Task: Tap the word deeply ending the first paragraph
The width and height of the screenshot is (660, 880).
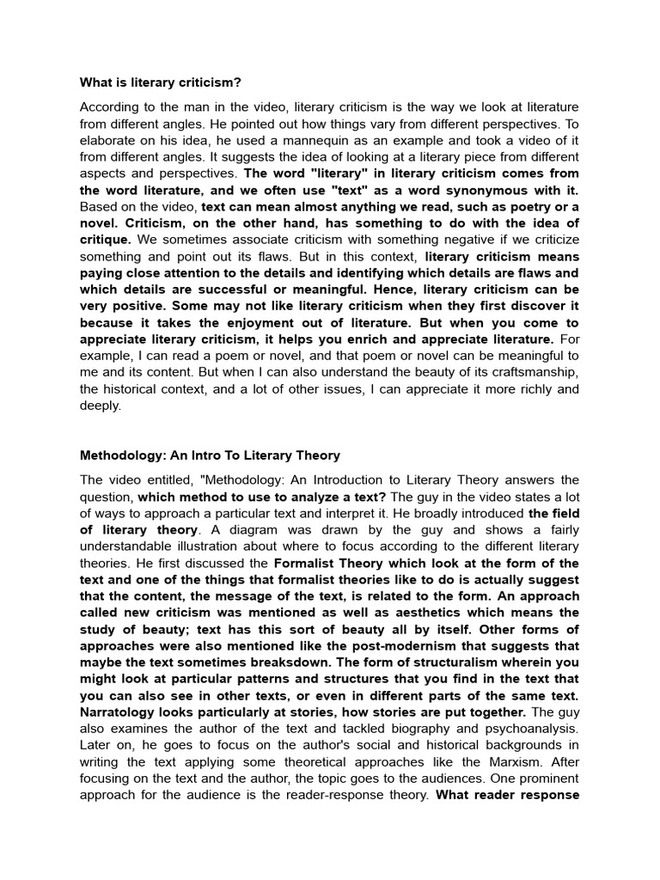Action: point(101,406)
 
